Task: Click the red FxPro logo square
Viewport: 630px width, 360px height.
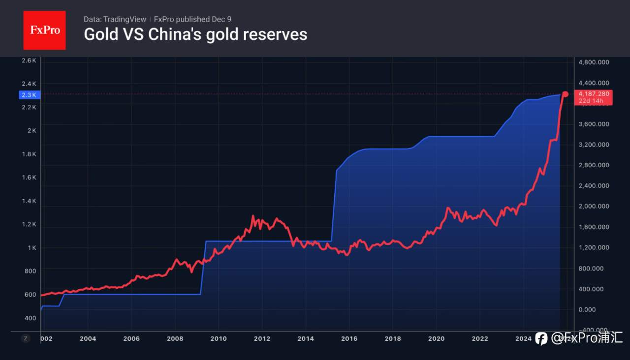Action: pyautogui.click(x=44, y=30)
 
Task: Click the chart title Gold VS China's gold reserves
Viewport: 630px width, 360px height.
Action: pyautogui.click(x=195, y=34)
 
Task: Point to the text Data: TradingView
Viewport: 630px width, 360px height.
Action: pyautogui.click(x=115, y=19)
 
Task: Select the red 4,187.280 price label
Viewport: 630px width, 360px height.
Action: pyautogui.click(x=594, y=93)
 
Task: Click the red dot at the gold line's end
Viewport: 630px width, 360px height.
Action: pyautogui.click(x=565, y=94)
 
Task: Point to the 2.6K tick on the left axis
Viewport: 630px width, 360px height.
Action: pyautogui.click(x=29, y=60)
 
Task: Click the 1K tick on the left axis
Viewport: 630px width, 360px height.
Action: pyautogui.click(x=31, y=247)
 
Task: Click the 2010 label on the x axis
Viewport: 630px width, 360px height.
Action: pyautogui.click(x=219, y=338)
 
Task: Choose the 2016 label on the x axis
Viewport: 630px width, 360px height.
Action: pyautogui.click(x=349, y=338)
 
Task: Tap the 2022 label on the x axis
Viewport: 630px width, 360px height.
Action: pyautogui.click(x=480, y=338)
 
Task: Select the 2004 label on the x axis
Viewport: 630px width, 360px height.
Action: pyautogui.click(x=88, y=338)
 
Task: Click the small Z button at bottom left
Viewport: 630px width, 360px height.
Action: pyautogui.click(x=26, y=338)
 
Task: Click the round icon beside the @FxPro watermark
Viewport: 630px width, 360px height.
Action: pyautogui.click(x=541, y=338)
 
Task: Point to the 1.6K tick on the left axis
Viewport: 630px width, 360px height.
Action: pyautogui.click(x=29, y=177)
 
